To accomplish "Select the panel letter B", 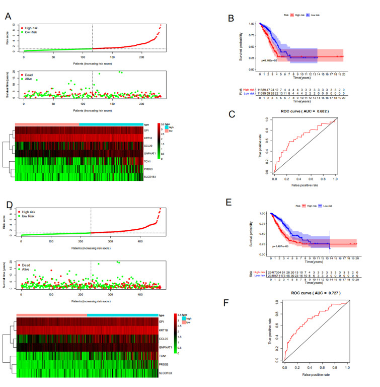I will (x=231, y=19).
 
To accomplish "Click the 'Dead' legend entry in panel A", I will (x=26, y=75).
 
